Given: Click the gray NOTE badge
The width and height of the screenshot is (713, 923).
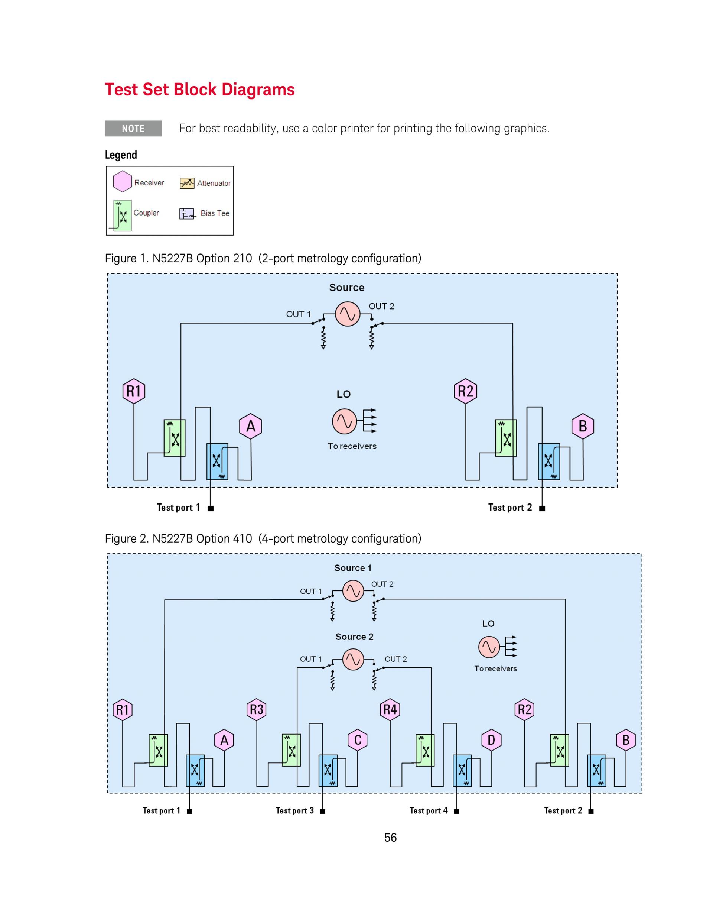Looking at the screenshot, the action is [x=133, y=129].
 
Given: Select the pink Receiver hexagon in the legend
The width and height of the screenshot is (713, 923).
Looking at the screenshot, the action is [x=123, y=182].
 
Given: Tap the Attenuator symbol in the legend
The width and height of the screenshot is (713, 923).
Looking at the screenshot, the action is [x=187, y=183].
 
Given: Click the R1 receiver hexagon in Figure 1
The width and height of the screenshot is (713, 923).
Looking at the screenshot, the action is [x=134, y=391].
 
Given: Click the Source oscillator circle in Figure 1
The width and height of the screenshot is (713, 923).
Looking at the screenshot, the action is [x=348, y=314].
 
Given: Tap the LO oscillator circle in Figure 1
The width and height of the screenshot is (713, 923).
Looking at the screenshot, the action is [x=345, y=421].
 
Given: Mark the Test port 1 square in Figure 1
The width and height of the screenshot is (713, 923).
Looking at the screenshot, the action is [x=211, y=508].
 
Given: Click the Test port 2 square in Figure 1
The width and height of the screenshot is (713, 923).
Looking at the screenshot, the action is [x=542, y=508].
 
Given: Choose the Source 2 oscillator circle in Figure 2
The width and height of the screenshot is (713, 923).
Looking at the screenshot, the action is [x=353, y=660].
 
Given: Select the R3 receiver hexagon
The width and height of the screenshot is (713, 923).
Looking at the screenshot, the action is [x=256, y=709].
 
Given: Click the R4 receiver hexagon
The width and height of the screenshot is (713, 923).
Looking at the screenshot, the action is [x=390, y=709].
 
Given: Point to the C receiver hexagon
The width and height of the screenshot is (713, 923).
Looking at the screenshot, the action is [x=358, y=740].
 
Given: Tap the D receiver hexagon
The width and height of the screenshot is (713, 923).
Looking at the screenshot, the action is [x=491, y=740].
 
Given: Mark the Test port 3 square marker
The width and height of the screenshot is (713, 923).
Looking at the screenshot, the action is [x=323, y=811].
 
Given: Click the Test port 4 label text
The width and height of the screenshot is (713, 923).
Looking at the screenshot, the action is [x=428, y=810].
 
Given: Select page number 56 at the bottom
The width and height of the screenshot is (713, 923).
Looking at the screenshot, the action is [x=390, y=838].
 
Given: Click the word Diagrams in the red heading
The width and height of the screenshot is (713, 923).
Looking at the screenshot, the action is [x=258, y=90].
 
